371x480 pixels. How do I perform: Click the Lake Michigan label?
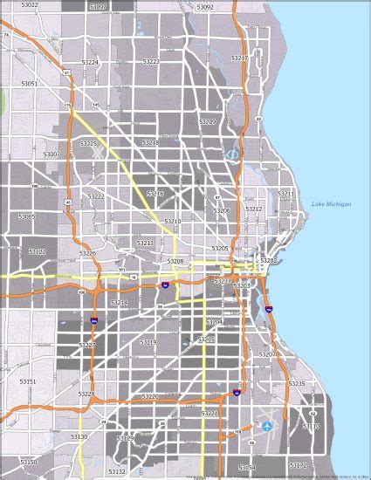pyautogui.click(x=332, y=204)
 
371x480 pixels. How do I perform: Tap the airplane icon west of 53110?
pyautogui.click(x=267, y=425)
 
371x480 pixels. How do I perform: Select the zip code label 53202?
pyautogui.click(x=269, y=260)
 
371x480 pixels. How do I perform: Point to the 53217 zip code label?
pyautogui.click(x=239, y=58)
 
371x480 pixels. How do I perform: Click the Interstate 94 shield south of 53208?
pyautogui.click(x=165, y=285)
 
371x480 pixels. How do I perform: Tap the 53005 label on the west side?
pyautogui.click(x=26, y=216)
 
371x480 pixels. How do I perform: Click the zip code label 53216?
pyautogui.click(x=155, y=193)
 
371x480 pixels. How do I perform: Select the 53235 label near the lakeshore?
pyautogui.click(x=297, y=383)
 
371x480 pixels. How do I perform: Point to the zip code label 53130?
pyautogui.click(x=79, y=435)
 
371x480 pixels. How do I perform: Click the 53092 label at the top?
pyautogui.click(x=205, y=6)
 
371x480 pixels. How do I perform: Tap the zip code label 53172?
pyautogui.click(x=298, y=465)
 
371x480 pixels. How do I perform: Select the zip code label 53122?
pyautogui.click(x=37, y=251)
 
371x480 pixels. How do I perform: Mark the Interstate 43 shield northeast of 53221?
pyautogui.click(x=236, y=394)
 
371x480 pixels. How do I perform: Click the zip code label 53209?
pyautogui.click(x=208, y=122)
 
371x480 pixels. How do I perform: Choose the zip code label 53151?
pyautogui.click(x=28, y=381)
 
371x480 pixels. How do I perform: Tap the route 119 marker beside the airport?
pyautogui.click(x=237, y=431)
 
